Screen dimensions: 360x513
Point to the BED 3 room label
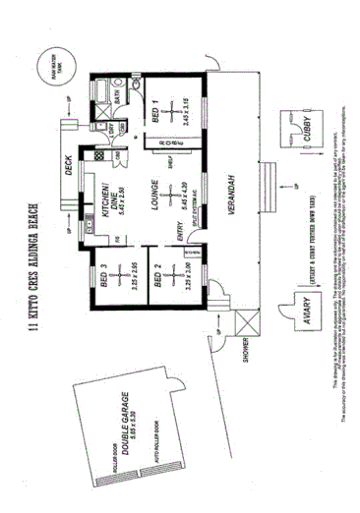point(103,272)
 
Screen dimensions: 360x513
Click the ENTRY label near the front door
point(178,233)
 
